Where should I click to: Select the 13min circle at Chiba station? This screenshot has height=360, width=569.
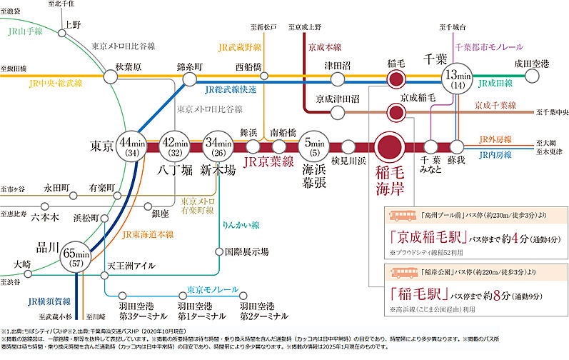pyautogui.click(x=456, y=79)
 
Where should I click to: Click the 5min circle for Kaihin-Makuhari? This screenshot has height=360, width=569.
pyautogui.click(x=313, y=146)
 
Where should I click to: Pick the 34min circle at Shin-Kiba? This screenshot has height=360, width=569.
pyautogui.click(x=216, y=146)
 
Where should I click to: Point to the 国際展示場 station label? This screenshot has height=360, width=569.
pyautogui.click(x=247, y=251)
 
